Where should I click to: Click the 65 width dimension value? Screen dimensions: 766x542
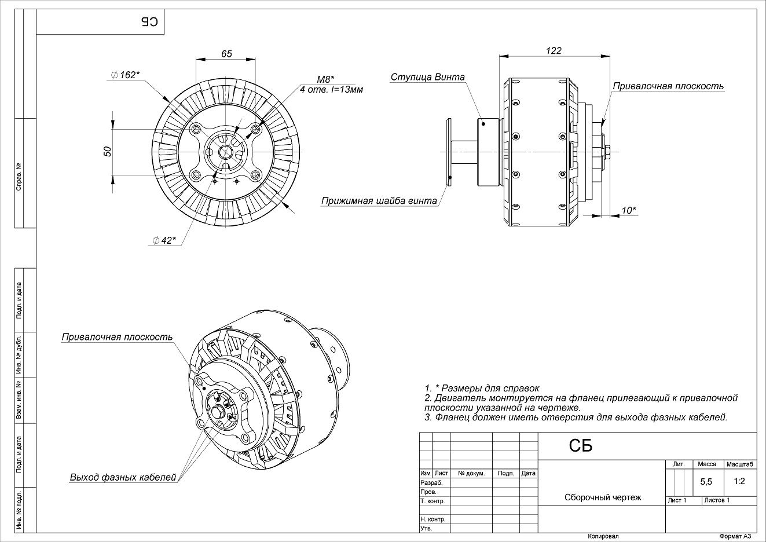pos(226,54)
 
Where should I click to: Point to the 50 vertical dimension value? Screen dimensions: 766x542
pos(107,152)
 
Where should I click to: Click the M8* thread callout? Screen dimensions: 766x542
pos(325,79)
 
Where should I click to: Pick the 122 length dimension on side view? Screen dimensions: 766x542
pos(554,50)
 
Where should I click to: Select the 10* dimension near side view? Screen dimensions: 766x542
pos(629,210)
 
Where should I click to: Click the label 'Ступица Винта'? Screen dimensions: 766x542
pos(427,77)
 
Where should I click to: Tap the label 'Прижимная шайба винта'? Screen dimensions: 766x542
pos(379,201)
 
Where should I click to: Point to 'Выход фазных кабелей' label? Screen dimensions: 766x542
pos(123,477)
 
